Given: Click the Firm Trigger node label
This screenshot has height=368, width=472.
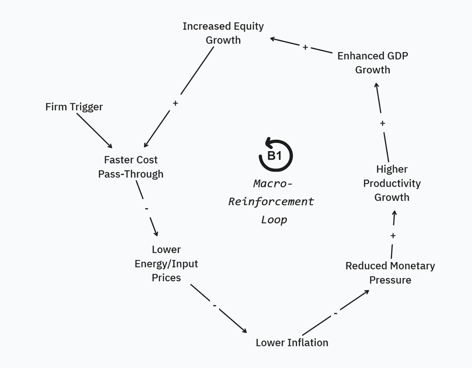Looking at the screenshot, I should [x=74, y=106].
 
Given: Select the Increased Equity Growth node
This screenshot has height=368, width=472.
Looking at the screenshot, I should [x=223, y=33].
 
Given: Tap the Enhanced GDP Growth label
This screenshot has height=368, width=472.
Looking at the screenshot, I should [x=373, y=63].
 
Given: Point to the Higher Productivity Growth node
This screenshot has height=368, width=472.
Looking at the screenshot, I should [x=392, y=183].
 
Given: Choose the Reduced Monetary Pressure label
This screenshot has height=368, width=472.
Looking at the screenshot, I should [x=390, y=273].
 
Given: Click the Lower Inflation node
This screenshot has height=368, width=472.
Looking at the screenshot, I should [x=292, y=342].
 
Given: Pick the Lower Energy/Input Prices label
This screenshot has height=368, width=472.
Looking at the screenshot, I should [x=166, y=263].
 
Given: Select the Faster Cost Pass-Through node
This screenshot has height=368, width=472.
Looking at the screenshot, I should [x=131, y=167].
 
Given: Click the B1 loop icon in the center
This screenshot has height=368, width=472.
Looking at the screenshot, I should [x=275, y=156].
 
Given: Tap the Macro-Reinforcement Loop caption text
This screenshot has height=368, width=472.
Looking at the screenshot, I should [x=272, y=201].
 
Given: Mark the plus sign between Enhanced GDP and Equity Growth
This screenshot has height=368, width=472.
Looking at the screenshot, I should [x=305, y=47].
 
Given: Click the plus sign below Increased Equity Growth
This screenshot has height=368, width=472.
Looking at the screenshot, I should [x=175, y=103].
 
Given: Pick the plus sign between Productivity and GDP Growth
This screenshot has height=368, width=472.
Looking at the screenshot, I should [x=383, y=123].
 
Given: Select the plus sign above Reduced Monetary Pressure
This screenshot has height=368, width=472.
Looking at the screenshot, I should [x=393, y=235].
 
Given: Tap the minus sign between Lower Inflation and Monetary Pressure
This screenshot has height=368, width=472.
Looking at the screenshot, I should [x=335, y=314].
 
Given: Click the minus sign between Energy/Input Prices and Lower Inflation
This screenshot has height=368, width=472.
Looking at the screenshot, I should [x=214, y=306].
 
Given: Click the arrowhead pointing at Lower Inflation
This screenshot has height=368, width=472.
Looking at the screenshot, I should [x=245, y=330].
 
